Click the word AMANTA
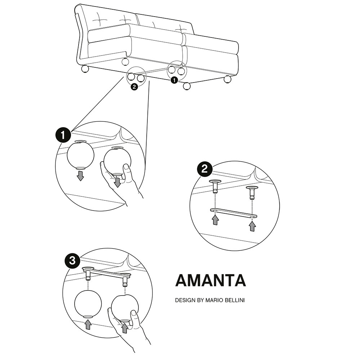click(x=210, y=280)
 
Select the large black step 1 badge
click(x=63, y=135)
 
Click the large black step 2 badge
click(x=205, y=169)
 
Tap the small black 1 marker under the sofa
click(x=174, y=80)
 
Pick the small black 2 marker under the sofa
click(x=134, y=87)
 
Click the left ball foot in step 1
click(x=80, y=155)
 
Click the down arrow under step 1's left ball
click(x=80, y=176)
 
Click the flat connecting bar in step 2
click(x=234, y=213)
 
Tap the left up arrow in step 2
click(x=215, y=220)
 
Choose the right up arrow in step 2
click(x=252, y=226)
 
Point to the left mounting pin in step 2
click(x=215, y=186)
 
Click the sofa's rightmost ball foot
click(x=227, y=79)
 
